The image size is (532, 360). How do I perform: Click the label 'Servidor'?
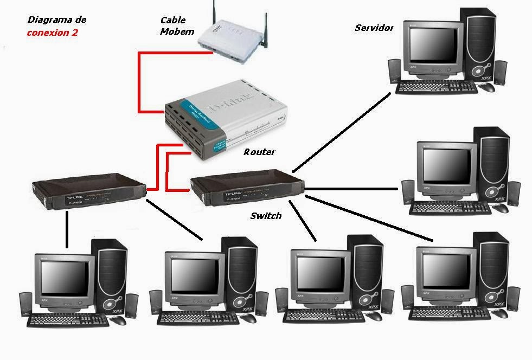point(374,28)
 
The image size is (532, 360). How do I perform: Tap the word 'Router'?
point(259,152)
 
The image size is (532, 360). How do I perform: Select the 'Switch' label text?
point(266,216)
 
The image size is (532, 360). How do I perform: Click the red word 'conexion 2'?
point(53,33)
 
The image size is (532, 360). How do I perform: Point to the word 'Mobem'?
point(177,31)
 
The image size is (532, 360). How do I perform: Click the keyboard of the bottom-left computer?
point(68,319)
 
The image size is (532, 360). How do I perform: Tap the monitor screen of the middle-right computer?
point(446,165)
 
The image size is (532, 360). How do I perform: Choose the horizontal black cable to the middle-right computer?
point(352,189)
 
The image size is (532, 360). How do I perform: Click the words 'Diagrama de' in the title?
point(57,20)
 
